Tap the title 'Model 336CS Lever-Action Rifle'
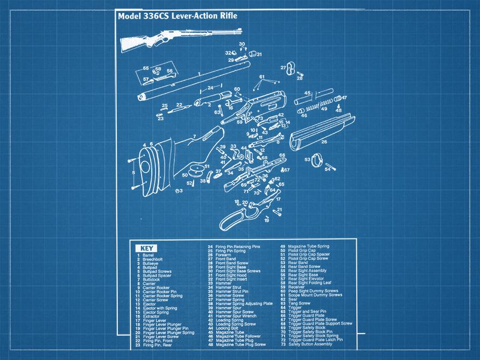click(177, 16)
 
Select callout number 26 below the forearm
click(324, 142)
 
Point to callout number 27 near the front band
click(283, 68)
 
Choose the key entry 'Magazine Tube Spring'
click(308, 246)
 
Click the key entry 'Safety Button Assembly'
click(310, 344)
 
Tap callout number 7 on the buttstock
click(194, 136)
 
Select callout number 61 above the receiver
click(262, 77)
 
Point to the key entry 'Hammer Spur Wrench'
click(236, 316)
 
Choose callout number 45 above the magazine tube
click(307, 93)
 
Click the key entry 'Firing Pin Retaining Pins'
click(237, 246)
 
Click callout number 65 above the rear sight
click(146, 68)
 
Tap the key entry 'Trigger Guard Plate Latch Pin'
click(315, 340)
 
